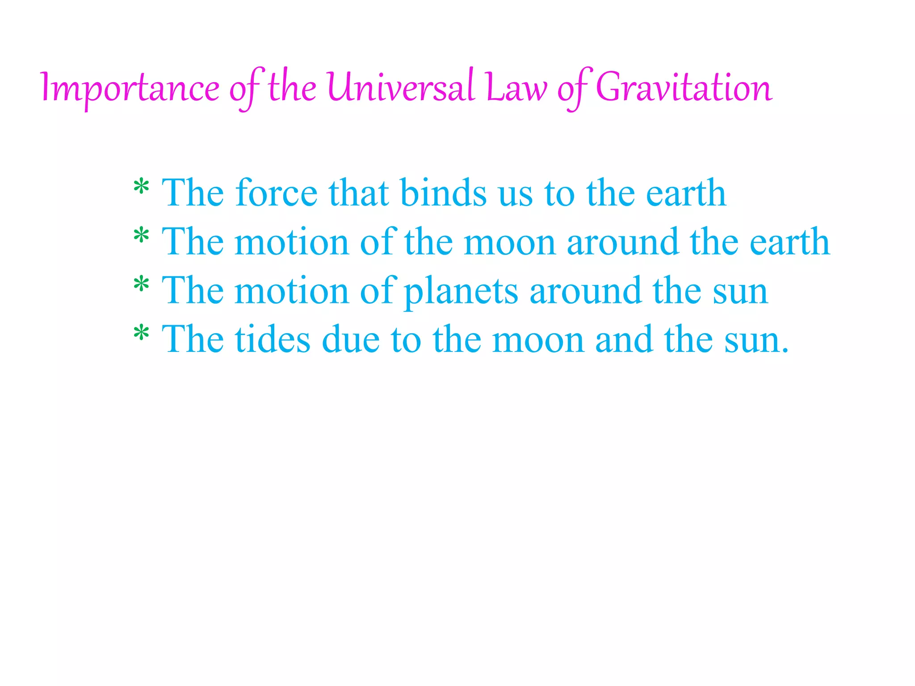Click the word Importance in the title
(130, 88)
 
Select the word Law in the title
(516, 88)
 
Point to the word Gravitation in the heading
(684, 87)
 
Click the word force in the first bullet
(277, 193)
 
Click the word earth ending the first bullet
(686, 193)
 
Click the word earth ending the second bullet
(789, 242)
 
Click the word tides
(272, 340)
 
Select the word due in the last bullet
(351, 340)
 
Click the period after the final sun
(785, 351)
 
